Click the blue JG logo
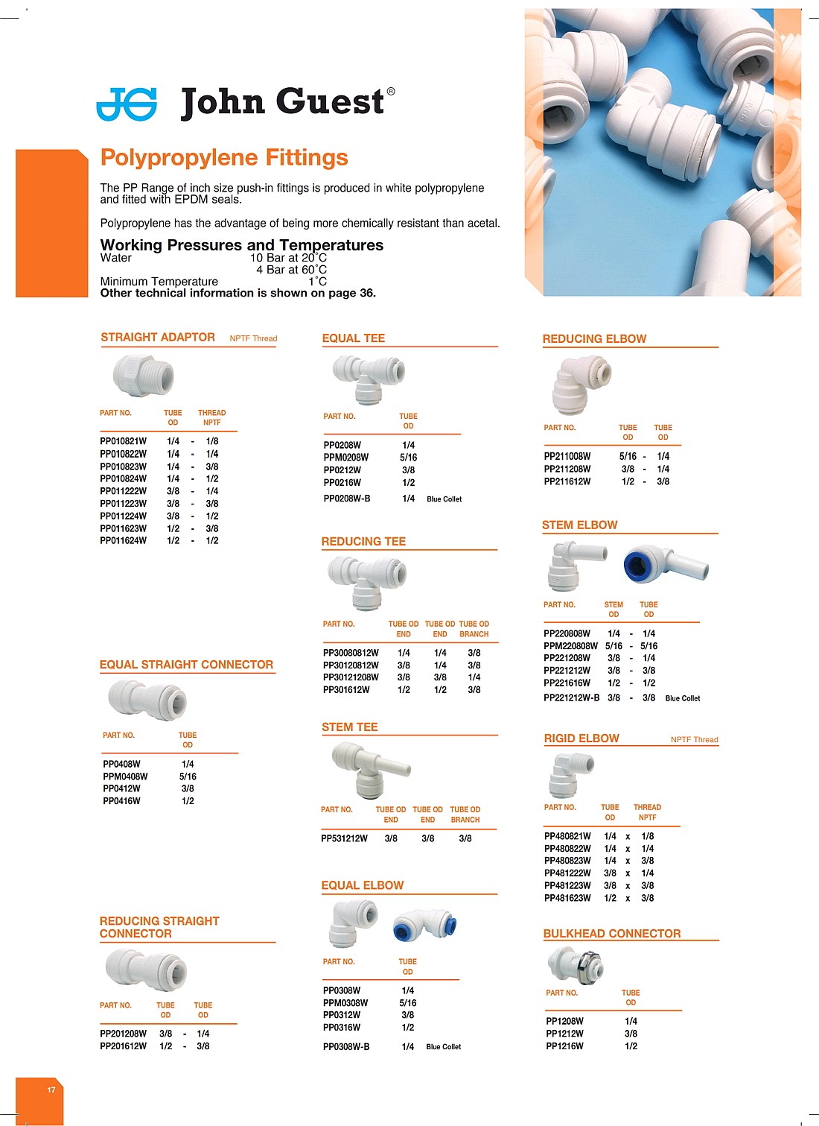click(127, 104)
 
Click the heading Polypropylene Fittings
click(224, 158)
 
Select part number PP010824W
click(123, 479)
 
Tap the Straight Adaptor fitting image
click(143, 375)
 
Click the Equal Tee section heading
click(353, 338)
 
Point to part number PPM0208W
click(345, 458)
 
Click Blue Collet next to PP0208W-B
click(444, 499)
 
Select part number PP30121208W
click(350, 677)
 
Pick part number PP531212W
click(344, 838)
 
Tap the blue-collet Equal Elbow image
click(424, 925)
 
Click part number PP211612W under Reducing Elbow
click(567, 481)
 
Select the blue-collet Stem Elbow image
click(666, 564)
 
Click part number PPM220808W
click(570, 646)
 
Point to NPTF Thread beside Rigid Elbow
click(694, 740)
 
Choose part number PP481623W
click(567, 898)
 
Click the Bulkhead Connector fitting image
click(575, 964)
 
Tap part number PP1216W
click(564, 1046)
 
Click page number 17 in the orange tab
click(51, 1089)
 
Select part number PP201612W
click(123, 1046)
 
